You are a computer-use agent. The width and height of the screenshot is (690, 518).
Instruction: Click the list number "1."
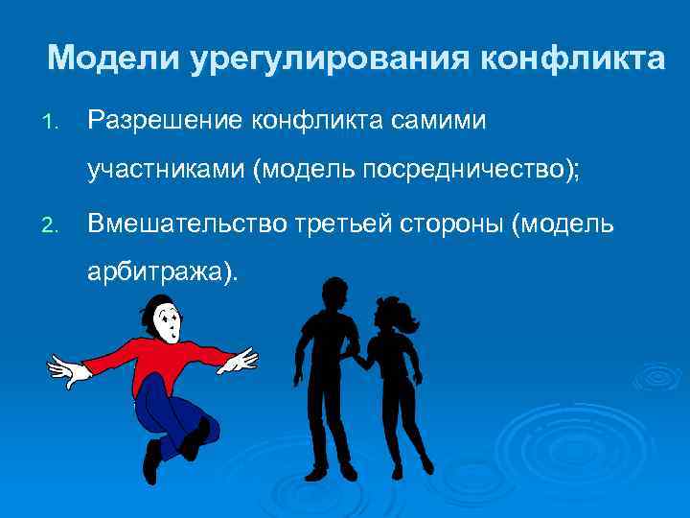52,122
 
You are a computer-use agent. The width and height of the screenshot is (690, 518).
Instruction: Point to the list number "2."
52,225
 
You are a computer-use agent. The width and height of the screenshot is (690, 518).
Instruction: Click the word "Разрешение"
164,120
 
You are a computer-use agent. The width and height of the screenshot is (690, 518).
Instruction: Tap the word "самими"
438,120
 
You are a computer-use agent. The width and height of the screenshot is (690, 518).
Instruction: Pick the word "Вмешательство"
179,224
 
